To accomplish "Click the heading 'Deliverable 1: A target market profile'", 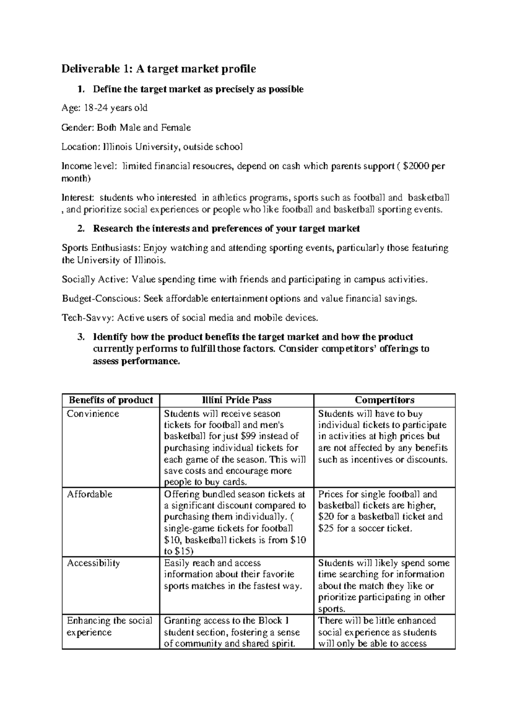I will [x=159, y=69].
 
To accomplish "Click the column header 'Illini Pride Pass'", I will [x=236, y=400].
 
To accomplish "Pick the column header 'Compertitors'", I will [x=384, y=400].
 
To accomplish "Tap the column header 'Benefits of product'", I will [x=111, y=400].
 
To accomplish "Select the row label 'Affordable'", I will [x=90, y=494].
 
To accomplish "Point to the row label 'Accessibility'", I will [x=93, y=563].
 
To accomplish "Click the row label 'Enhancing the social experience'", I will [x=109, y=626].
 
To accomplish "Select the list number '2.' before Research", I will [x=81, y=229].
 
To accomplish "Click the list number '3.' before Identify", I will [x=81, y=337].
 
